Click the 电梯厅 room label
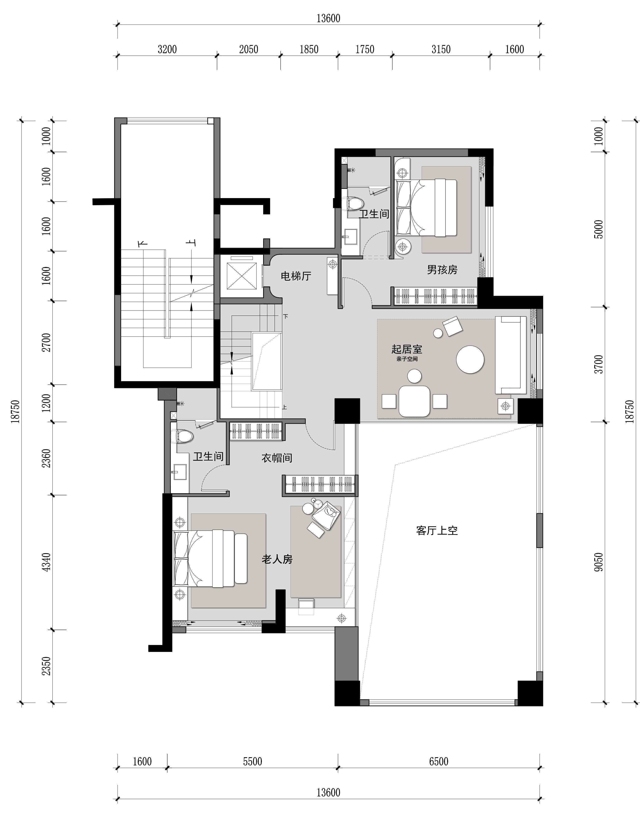pos(296,276)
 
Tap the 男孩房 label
pos(442,270)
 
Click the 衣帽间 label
pos(277,458)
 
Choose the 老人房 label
pos(277,559)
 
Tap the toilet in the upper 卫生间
pos(354,204)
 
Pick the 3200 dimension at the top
pos(167,50)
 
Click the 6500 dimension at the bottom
pos(439,761)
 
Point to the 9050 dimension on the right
pos(599,562)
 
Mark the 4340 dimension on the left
pos(46,562)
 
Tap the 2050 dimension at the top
pos(249,50)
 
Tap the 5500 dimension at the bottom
pos(252,761)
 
